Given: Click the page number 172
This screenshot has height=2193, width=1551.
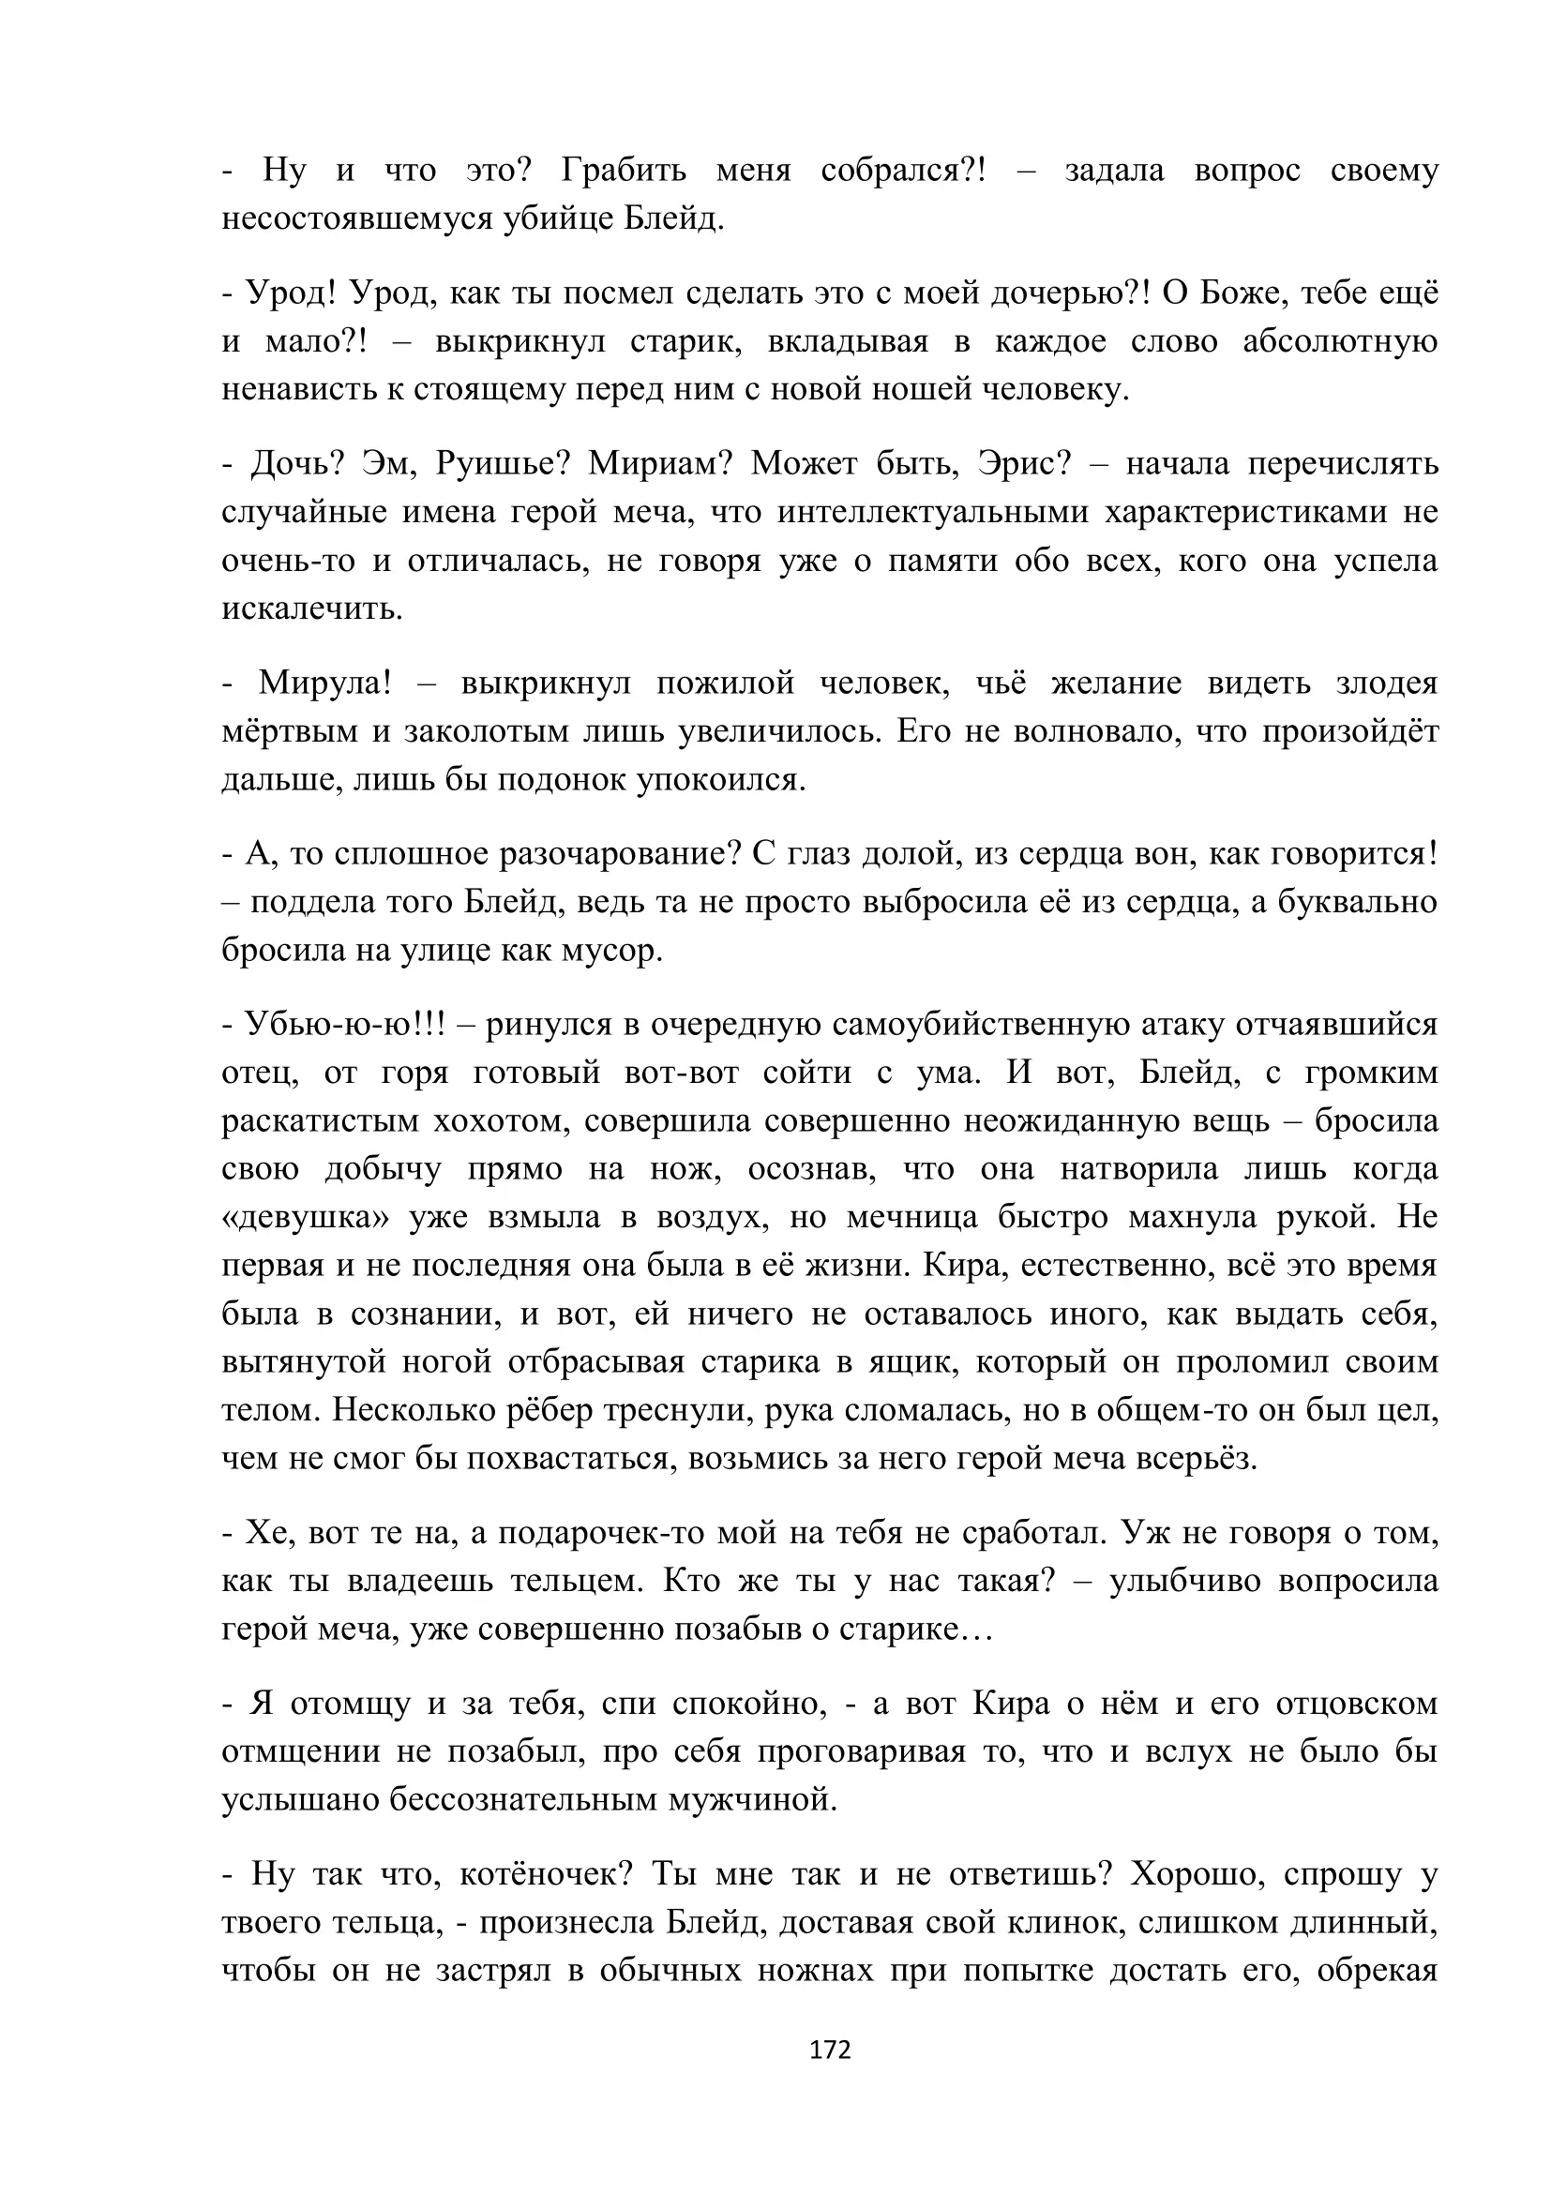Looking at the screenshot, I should pyautogui.click(x=829, y=2050).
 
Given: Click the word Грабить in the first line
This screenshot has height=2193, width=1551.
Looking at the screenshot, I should pyautogui.click(x=624, y=170).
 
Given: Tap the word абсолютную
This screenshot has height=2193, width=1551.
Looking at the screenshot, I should pyautogui.click(x=1340, y=342).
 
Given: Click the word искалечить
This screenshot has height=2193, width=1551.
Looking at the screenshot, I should pyautogui.click(x=311, y=608).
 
